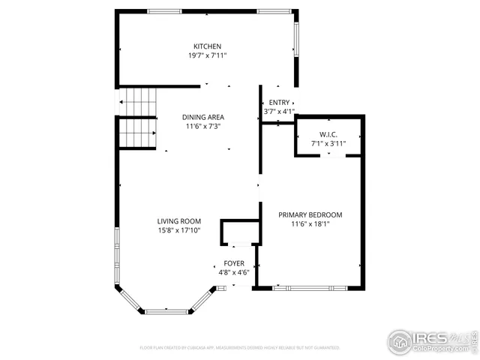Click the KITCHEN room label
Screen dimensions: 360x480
coord(207,46)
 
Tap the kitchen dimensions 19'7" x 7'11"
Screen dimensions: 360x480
coord(207,55)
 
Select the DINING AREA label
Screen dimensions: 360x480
coord(204,117)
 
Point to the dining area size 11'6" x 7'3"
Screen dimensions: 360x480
coord(204,127)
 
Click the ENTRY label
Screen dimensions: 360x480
coord(279,103)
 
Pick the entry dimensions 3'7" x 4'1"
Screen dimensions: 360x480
coord(279,112)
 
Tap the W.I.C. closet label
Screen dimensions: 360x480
coord(328,133)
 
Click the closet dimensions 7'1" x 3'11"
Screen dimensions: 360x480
coord(328,142)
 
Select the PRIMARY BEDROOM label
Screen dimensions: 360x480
coord(310,214)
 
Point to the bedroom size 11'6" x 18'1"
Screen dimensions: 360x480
coord(310,223)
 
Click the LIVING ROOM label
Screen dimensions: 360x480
coord(179,221)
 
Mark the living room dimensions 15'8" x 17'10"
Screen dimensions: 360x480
coord(179,231)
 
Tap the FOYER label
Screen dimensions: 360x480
coord(234,263)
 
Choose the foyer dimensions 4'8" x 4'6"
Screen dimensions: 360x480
coord(234,273)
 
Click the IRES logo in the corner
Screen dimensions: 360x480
coord(430,339)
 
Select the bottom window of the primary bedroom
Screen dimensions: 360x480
coord(310,287)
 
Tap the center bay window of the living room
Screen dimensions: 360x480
coord(167,311)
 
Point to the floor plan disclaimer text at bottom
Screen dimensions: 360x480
coord(240,348)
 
